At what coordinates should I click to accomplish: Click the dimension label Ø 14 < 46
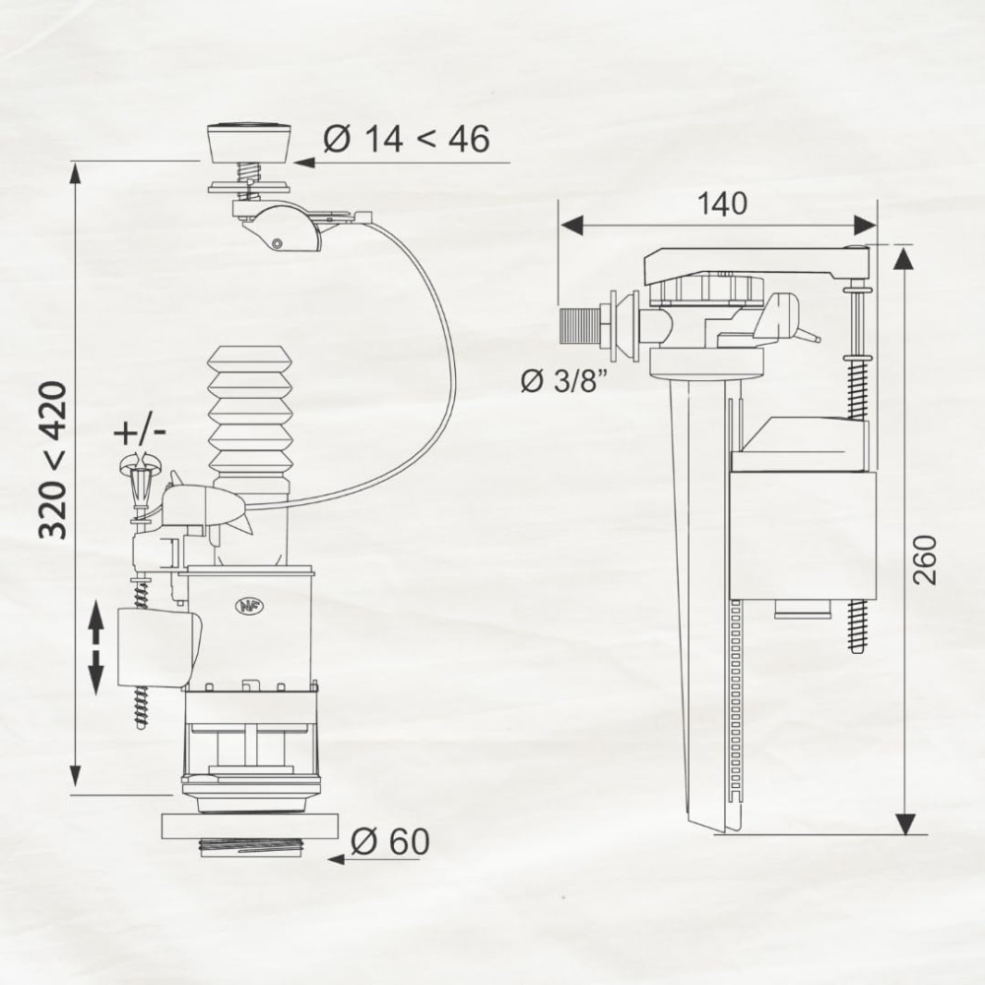[x=406, y=139]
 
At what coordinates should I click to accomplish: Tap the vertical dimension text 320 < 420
[x=53, y=460]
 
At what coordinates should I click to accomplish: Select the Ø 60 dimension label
[x=390, y=841]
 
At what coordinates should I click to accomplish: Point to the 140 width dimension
[x=722, y=204]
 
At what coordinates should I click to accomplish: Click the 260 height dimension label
[x=924, y=559]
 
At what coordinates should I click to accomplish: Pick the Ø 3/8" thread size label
[x=564, y=380]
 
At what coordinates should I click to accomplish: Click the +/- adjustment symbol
[x=140, y=432]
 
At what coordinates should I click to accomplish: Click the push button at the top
[x=249, y=143]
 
